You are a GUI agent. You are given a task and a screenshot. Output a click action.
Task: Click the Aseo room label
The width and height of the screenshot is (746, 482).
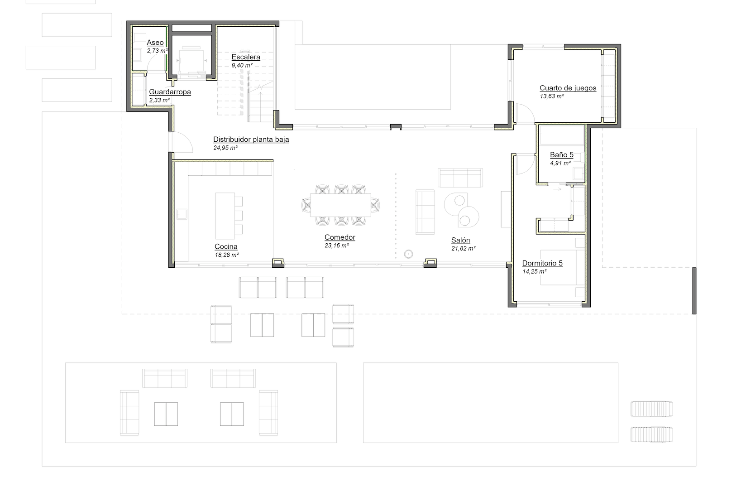point(155,43)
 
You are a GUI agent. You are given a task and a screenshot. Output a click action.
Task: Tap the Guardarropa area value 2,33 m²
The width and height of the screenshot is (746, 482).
point(159,100)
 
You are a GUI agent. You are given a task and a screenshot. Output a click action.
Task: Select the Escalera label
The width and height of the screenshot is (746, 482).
point(246,57)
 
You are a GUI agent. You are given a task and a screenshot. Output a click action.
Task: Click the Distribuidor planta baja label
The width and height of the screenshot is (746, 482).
point(251,140)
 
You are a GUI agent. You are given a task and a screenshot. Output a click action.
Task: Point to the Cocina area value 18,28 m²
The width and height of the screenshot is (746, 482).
point(227,255)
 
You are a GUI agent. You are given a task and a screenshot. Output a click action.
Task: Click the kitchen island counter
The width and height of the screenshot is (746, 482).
point(225,216)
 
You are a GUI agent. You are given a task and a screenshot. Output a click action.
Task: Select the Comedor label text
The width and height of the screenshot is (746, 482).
point(340,237)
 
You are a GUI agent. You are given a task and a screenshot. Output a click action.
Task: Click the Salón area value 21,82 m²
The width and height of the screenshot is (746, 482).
point(463,248)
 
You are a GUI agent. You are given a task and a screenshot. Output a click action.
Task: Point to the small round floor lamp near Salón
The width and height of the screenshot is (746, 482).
point(409,254)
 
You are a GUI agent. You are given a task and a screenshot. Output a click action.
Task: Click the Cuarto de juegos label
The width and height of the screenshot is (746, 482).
point(568,88)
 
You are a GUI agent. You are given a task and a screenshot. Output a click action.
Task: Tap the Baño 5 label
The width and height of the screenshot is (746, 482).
point(561,155)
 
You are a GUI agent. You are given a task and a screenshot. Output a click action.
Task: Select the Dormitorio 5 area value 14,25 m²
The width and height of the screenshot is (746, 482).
point(534,271)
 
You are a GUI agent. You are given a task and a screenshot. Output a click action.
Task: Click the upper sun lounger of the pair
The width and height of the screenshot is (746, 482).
point(652,409)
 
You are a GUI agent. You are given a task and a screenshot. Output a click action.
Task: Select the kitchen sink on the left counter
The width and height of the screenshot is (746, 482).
point(182,214)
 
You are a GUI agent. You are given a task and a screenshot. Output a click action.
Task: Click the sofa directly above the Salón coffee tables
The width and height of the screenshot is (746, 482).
point(460,178)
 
